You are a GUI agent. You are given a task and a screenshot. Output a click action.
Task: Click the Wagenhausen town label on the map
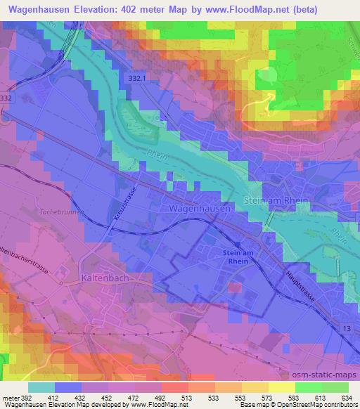click(198, 209)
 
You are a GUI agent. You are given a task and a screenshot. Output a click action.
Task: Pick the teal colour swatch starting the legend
click(41, 387)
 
